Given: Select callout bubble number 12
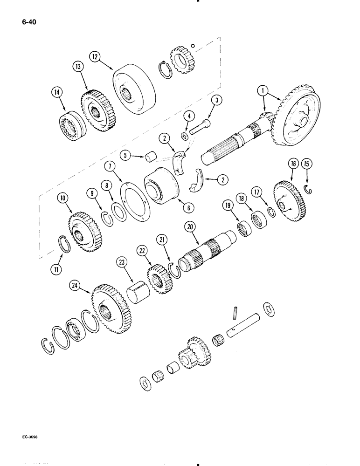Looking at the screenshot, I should click(95, 57).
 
